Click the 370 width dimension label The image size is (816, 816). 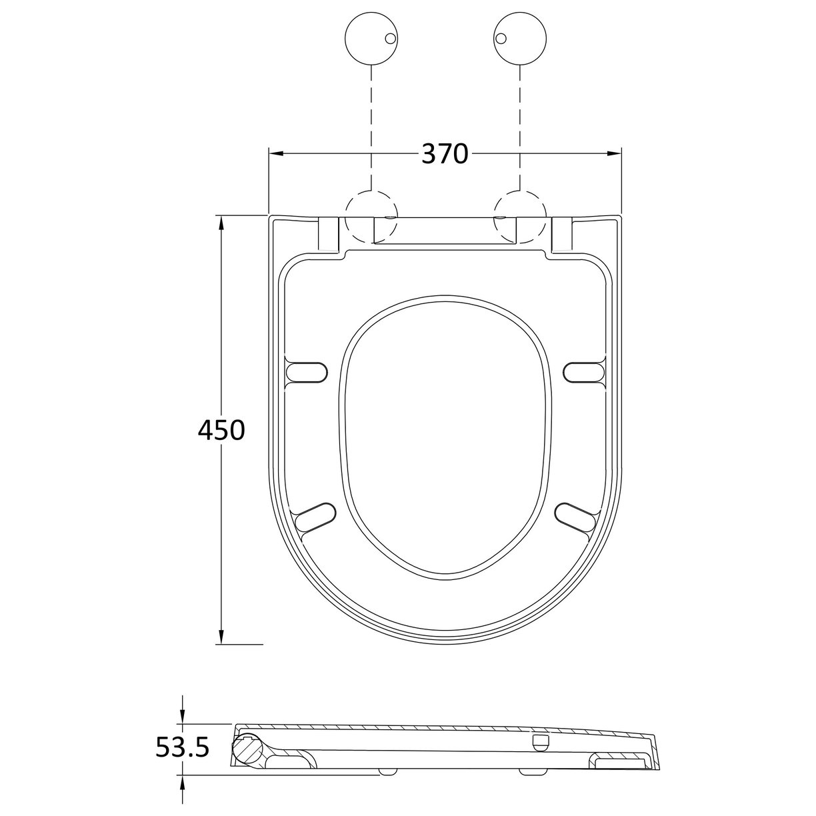tap(445, 154)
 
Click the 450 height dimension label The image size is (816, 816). tap(221, 430)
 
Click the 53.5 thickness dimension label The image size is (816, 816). tap(182, 747)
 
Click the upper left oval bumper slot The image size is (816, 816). tap(307, 371)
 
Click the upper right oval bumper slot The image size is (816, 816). tap(585, 371)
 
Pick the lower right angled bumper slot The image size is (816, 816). tap(576, 517)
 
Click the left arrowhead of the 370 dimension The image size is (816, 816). tap(276, 154)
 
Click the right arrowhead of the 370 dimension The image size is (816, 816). tap(614, 154)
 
